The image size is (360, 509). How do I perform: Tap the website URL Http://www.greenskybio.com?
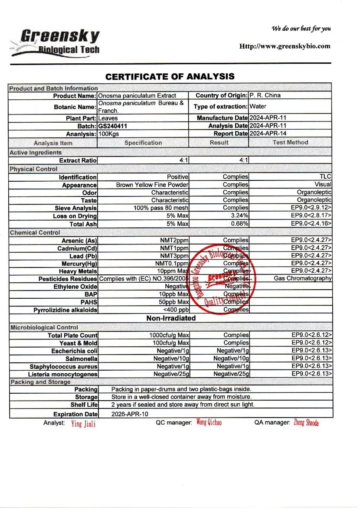[x=285, y=46]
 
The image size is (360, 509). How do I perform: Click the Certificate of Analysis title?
[x=170, y=77]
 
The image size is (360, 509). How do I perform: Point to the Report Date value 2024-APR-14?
[x=268, y=134]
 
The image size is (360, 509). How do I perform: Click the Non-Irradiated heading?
[x=171, y=318]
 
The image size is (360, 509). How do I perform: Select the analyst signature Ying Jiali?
[x=83, y=424]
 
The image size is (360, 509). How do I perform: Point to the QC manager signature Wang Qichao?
[x=209, y=422]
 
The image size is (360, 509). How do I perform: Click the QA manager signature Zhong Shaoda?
[x=306, y=423]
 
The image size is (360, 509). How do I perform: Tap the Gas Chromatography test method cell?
[x=303, y=278]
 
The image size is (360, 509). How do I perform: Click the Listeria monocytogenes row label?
[x=63, y=374]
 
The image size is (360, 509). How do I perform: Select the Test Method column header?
[x=290, y=142]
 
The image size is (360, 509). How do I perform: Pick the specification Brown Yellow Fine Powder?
[x=152, y=185]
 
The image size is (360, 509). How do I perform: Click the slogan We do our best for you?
[x=301, y=29]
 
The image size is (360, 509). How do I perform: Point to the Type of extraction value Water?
[x=258, y=106]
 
